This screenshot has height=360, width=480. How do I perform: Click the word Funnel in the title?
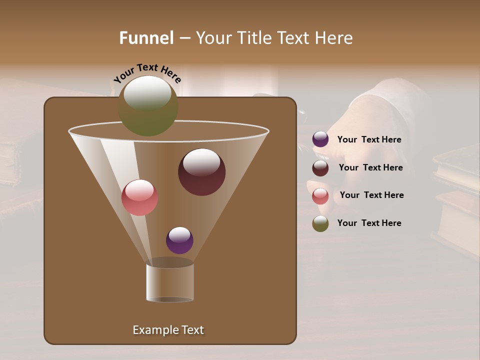click(x=146, y=38)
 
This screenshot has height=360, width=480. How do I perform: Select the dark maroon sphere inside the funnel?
click(x=201, y=172)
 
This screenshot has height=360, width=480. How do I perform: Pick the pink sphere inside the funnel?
click(x=139, y=197)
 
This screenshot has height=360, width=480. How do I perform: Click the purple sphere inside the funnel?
click(x=179, y=240)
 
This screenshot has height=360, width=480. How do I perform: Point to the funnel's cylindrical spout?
click(x=170, y=283)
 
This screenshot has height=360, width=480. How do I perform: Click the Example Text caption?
click(x=168, y=330)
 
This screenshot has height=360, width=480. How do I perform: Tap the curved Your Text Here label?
click(x=147, y=72)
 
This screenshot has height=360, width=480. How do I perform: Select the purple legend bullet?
click(x=320, y=139)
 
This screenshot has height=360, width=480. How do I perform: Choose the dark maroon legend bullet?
click(x=320, y=168)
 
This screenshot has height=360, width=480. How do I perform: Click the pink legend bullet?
click(x=320, y=196)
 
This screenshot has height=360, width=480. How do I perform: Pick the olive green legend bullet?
click(x=320, y=224)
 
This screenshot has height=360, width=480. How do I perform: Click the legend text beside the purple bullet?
click(x=369, y=140)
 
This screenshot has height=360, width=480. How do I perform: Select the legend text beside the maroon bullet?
click(x=370, y=168)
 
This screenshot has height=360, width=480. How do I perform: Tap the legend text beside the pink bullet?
click(x=371, y=195)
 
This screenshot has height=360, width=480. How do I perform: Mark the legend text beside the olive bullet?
click(x=369, y=223)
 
